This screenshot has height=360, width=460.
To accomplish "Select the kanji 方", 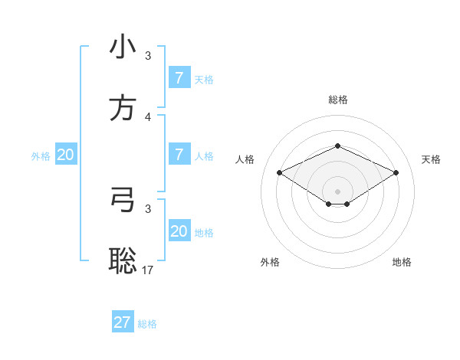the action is (x=123, y=108).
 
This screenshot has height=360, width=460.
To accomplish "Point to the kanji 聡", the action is (x=123, y=260).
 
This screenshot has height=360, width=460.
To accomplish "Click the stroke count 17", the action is (x=148, y=270).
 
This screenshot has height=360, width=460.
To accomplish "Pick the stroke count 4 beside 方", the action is (x=148, y=116).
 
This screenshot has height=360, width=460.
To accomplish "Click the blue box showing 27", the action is (x=123, y=322).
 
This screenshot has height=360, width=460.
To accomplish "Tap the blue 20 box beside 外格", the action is (x=65, y=155).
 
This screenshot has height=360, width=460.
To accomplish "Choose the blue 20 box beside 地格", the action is (x=179, y=231).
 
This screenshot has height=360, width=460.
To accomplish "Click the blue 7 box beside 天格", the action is (x=179, y=77).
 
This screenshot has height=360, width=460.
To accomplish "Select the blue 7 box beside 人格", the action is (x=179, y=155).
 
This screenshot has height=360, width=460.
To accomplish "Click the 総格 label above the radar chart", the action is (x=337, y=100).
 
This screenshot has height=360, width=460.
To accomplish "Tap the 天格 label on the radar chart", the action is (x=432, y=159).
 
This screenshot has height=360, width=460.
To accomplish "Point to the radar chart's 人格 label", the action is (x=245, y=159).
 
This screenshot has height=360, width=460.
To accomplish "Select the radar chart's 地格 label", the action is (x=402, y=262).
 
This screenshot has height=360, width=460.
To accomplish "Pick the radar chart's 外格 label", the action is (x=270, y=262).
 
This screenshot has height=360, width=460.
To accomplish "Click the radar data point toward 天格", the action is (x=396, y=172).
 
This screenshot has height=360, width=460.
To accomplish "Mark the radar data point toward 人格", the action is (x=279, y=172).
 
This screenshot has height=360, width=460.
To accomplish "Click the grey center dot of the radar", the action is (x=337, y=191).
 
